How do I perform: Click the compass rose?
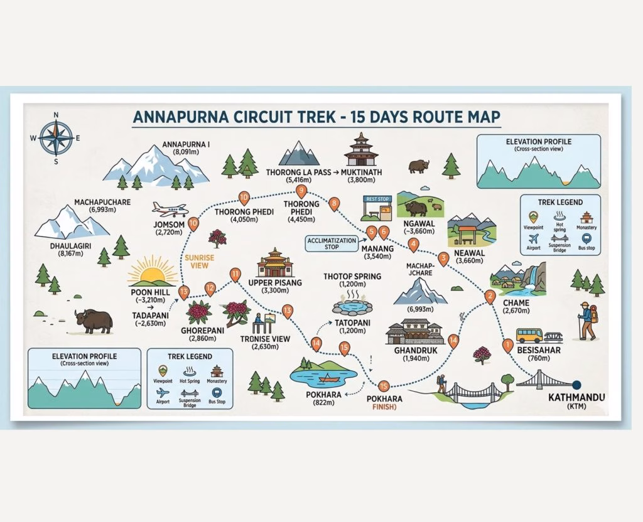[x=56, y=138]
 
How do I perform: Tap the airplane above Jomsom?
[x=170, y=210]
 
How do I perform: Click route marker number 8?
[x=334, y=204]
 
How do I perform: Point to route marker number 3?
[x=443, y=259]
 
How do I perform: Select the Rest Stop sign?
[x=377, y=199]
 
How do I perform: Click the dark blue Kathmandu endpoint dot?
[x=576, y=385]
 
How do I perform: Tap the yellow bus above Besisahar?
[x=529, y=336]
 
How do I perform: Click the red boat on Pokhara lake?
[x=329, y=377]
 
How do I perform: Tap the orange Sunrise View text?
[x=199, y=262]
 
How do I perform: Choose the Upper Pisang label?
[x=275, y=283]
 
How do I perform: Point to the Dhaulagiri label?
[x=70, y=246]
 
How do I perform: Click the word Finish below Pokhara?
[x=384, y=407]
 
